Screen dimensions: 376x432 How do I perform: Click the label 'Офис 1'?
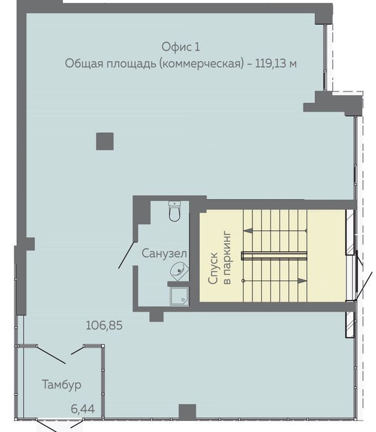point(180,46)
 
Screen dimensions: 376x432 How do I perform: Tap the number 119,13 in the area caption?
point(270,64)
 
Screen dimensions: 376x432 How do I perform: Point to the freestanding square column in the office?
point(105,141)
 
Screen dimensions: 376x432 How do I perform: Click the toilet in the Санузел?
point(175,211)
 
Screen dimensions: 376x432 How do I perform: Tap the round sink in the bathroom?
point(179,271)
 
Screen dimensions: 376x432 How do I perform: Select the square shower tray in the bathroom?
point(179,296)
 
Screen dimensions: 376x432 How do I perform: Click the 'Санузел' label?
point(164,253)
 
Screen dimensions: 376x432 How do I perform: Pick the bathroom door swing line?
point(128,255)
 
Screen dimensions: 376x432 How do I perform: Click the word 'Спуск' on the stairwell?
point(214,268)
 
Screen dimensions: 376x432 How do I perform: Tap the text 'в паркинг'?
point(228,257)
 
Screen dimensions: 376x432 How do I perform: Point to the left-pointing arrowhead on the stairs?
point(248,231)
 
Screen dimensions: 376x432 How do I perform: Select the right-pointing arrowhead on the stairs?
point(303,281)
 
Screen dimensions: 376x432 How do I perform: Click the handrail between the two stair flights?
point(274,255)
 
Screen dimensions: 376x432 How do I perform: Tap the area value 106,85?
point(104,325)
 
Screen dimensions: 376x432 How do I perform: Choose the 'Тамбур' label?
point(62,384)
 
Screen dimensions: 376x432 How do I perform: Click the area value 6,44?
point(83,409)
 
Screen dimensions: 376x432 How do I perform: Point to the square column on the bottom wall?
point(188,412)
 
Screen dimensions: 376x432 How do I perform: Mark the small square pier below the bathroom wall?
point(157,316)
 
